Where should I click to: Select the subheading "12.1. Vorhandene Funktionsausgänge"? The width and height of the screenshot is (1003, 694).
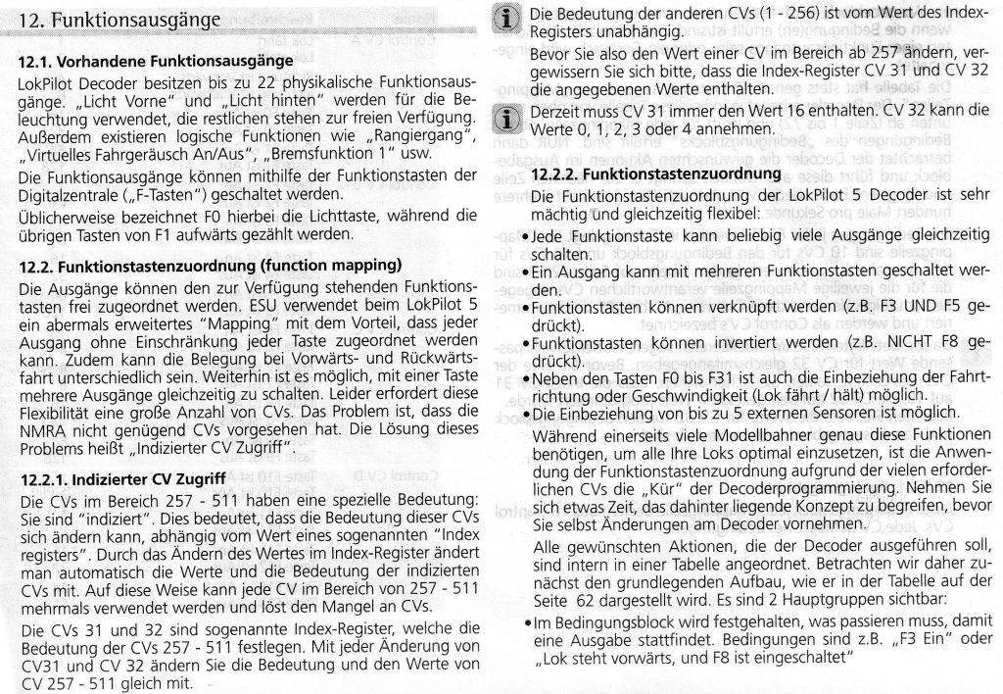coord(156,62)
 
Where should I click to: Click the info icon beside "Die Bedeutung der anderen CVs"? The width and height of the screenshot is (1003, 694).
coord(506,19)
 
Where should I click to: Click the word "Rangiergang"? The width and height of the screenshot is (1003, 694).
coord(413,135)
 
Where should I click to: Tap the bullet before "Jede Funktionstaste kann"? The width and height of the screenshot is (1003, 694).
coord(527,237)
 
